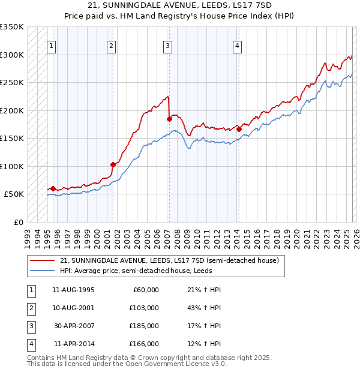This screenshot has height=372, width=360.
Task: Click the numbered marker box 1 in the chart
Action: coord(52,46)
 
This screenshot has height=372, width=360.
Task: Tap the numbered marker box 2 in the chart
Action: coord(112,46)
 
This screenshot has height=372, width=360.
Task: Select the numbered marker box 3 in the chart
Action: coord(168,46)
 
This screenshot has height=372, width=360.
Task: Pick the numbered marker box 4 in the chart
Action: coord(238,46)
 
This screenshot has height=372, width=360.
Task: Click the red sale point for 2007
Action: coord(169,119)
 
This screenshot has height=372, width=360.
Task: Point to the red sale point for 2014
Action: coord(239,129)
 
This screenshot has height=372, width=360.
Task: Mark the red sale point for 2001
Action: coord(113,164)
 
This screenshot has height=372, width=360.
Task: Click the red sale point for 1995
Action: coord(53,188)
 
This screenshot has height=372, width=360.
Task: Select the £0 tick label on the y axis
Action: coord(18,222)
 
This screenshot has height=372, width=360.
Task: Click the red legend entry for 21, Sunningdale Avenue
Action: coord(169,261)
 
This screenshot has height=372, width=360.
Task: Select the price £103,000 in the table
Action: coord(144,308)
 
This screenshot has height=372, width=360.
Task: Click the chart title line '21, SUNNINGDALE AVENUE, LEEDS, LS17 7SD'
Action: coord(180,5)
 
